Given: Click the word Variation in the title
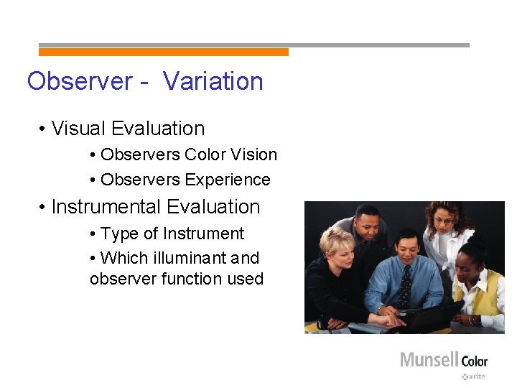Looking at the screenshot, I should [213, 81].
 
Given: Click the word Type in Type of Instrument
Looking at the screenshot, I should [118, 234].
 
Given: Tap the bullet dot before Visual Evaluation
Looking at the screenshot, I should [44, 129].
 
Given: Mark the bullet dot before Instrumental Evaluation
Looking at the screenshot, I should [44, 208].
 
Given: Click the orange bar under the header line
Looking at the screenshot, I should [163, 52].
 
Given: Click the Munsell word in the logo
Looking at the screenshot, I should [429, 359].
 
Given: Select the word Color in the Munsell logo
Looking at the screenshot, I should [474, 361].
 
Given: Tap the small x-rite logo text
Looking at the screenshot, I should [475, 377].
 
